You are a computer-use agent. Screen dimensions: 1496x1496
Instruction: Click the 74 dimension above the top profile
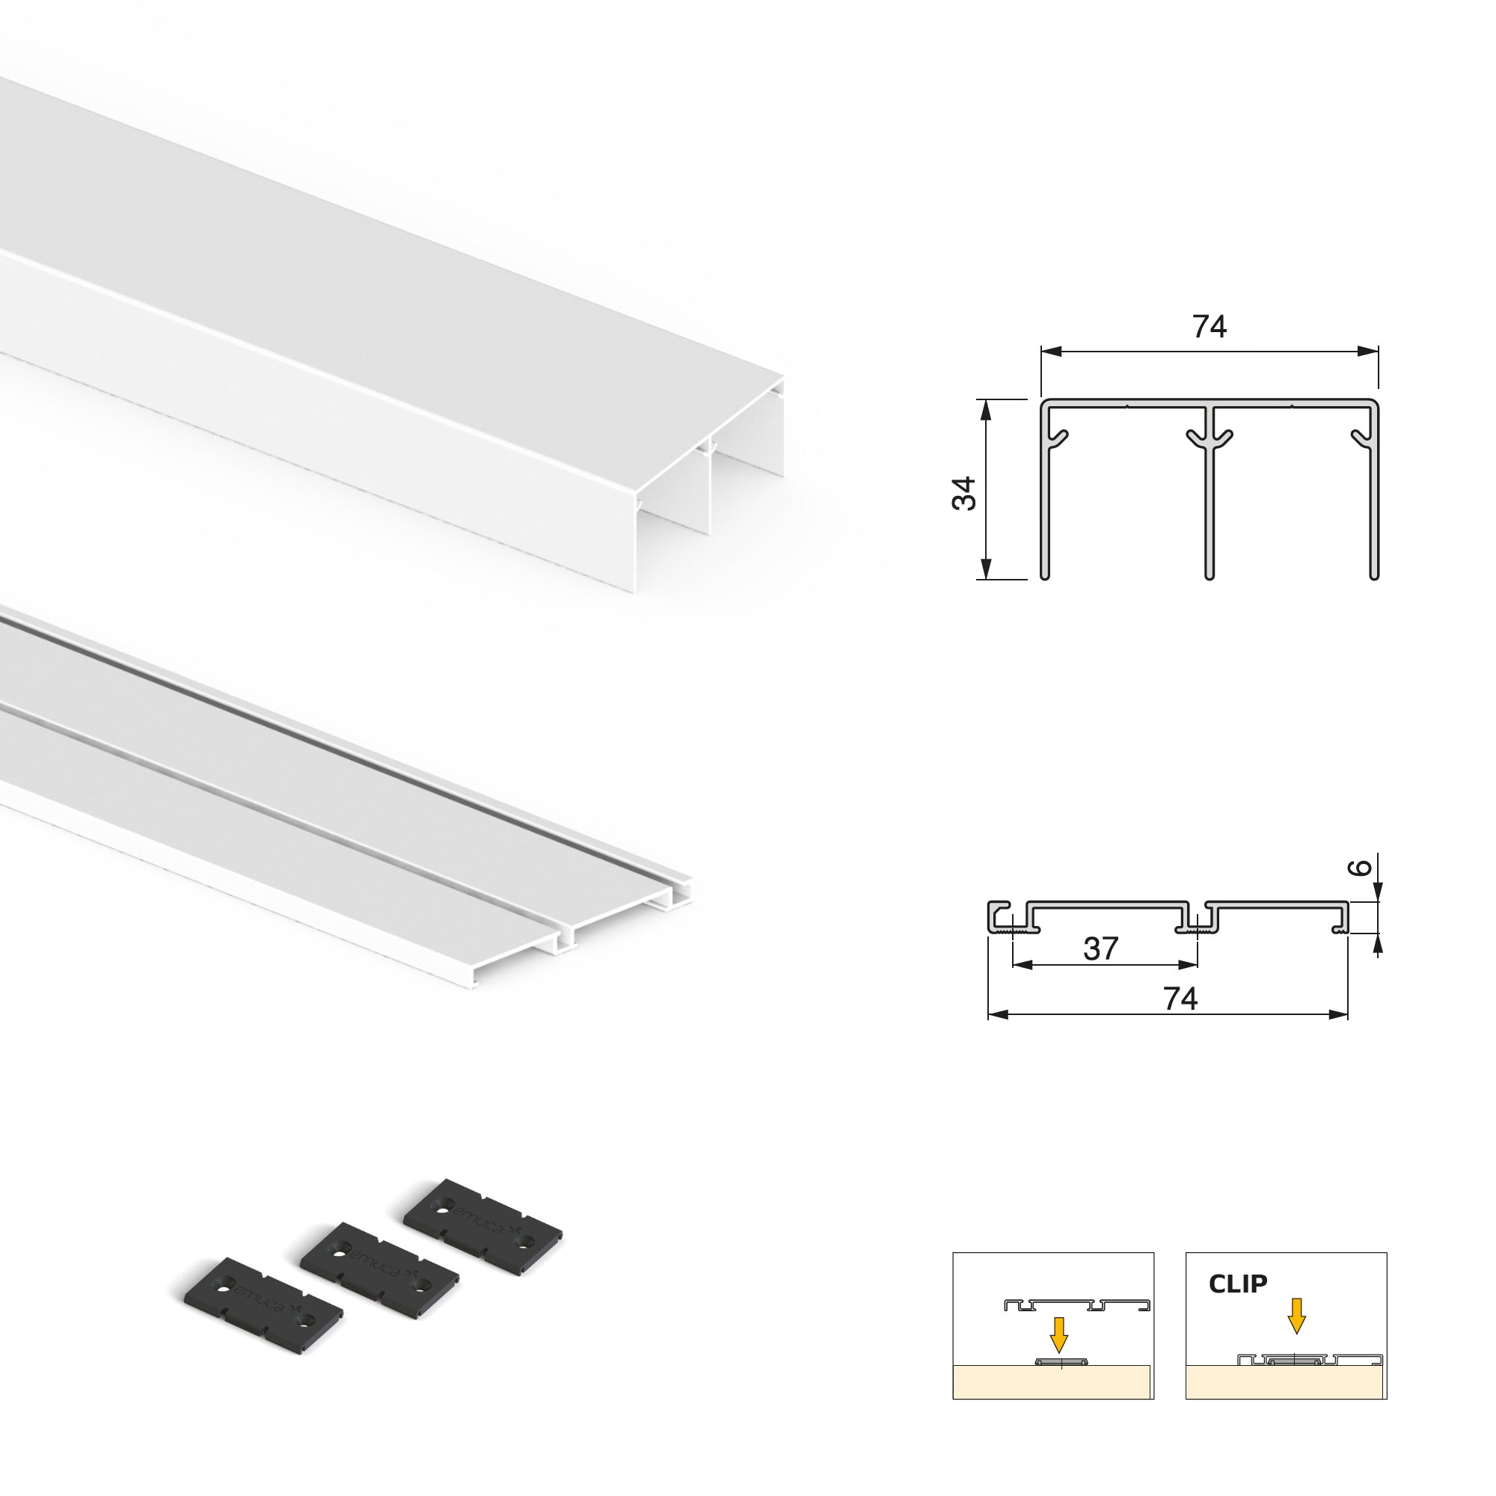coord(1210,328)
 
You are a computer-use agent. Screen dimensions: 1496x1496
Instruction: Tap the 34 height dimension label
coord(965,492)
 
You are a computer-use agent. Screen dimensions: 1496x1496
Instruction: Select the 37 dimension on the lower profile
coord(1101,948)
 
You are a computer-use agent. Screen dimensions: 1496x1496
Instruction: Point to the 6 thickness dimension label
coord(1365,867)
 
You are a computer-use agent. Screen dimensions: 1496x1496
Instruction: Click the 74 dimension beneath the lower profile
coord(1180,999)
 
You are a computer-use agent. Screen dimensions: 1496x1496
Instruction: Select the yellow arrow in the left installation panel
coord(1058,1355)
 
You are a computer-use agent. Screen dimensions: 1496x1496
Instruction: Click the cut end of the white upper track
coord(708,496)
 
